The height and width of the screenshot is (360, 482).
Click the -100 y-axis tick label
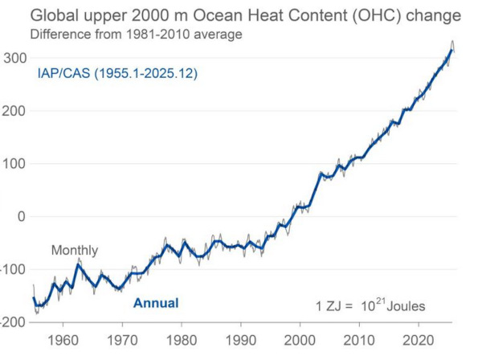pyautogui.click(x=14, y=269)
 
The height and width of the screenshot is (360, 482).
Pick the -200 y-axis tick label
pyautogui.click(x=14, y=321)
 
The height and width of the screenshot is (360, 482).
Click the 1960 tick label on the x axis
pyautogui.click(x=63, y=338)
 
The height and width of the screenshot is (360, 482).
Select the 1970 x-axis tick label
pyautogui.click(x=122, y=338)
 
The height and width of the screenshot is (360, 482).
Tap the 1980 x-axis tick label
pyautogui.click(x=182, y=338)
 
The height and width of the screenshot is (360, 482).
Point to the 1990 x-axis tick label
pyautogui.click(x=240, y=338)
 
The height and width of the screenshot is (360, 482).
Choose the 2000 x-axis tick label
pyautogui.click(x=300, y=338)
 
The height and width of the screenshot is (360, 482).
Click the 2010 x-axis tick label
pyautogui.click(x=359, y=338)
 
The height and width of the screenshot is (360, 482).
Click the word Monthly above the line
pyautogui.click(x=75, y=251)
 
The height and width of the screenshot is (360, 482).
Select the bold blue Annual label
pyautogui.click(x=155, y=303)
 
